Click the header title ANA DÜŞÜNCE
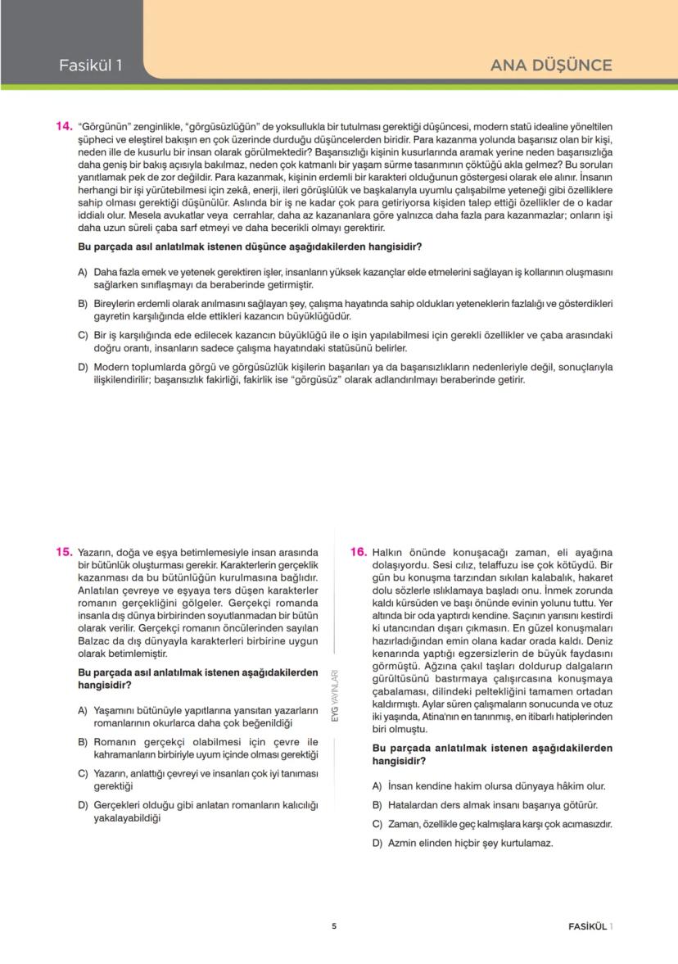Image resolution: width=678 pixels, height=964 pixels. click(x=550, y=66)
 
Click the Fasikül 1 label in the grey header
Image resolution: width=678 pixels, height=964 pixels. click(x=90, y=66)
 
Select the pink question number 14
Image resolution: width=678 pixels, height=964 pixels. click(x=65, y=127)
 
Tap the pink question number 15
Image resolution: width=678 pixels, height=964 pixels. click(x=65, y=552)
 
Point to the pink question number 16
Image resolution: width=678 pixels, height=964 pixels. click(x=359, y=552)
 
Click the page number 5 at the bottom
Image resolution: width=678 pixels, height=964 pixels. click(x=334, y=926)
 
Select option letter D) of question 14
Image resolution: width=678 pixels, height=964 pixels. click(x=83, y=367)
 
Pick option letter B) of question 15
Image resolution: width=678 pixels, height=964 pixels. click(x=83, y=741)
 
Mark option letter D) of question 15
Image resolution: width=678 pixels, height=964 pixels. click(x=83, y=805)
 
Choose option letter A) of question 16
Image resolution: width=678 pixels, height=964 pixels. click(x=377, y=785)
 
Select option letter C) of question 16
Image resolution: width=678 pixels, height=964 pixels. click(x=377, y=824)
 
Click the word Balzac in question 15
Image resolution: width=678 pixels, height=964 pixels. click(x=95, y=641)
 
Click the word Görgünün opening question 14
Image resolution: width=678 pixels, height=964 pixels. click(x=103, y=127)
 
